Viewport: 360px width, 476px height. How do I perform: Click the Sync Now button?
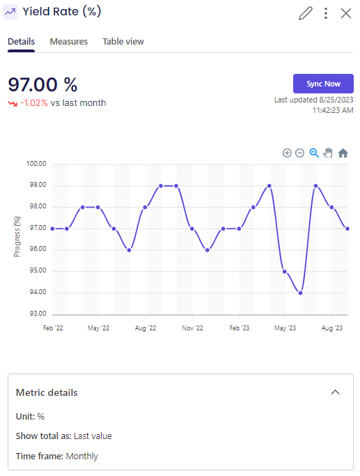[323, 84]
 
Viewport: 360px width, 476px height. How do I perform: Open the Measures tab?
[69, 42]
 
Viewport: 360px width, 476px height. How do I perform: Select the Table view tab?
[123, 42]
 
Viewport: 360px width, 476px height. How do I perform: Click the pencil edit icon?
[305, 13]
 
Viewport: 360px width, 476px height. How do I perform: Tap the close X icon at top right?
[346, 13]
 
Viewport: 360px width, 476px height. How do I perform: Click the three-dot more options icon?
[326, 13]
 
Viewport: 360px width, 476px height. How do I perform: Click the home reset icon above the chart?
[343, 153]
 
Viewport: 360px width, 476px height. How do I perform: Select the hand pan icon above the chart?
[328, 153]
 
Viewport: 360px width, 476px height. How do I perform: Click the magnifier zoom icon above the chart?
[314, 153]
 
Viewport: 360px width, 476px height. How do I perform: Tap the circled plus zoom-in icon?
[287, 153]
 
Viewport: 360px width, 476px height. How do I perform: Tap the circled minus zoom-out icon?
[299, 153]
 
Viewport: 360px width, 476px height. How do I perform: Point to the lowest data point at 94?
[300, 293]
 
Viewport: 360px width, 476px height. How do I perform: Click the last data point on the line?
[347, 229]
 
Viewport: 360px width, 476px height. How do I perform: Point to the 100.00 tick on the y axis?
[36, 164]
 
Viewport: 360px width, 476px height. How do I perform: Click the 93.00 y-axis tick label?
[36, 314]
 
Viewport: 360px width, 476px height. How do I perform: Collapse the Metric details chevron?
[335, 392]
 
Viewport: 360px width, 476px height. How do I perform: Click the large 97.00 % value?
[42, 85]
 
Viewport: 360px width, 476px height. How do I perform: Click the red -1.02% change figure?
[33, 103]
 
